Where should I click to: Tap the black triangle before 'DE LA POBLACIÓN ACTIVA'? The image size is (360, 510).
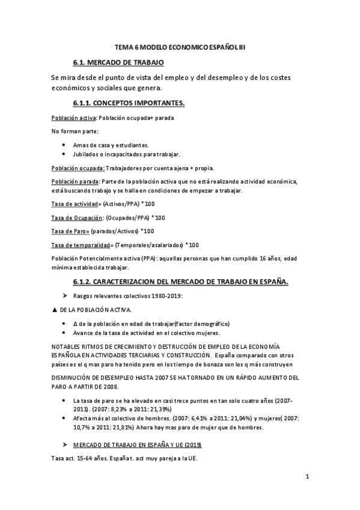click(55, 309)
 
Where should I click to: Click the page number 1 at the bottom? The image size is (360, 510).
click(307, 478)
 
